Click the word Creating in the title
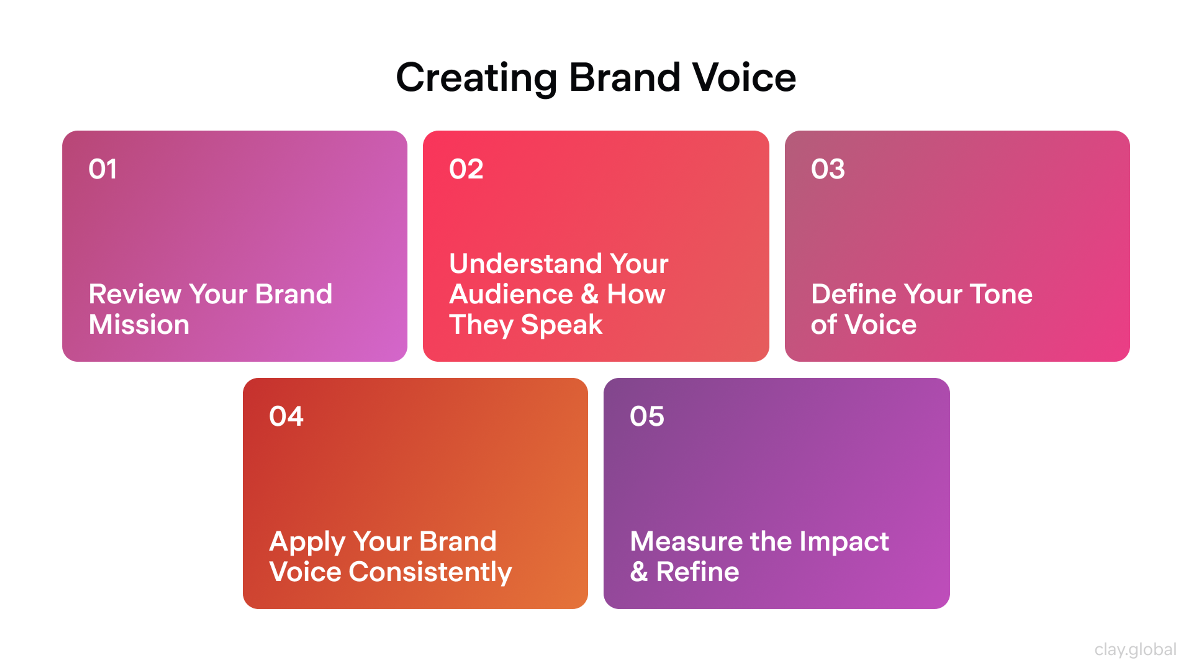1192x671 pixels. [x=476, y=78]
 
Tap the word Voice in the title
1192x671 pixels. [x=744, y=78]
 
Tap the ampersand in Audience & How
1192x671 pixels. [x=589, y=294]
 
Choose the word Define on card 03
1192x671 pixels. [x=853, y=294]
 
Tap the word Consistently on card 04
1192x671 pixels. [x=430, y=572]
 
